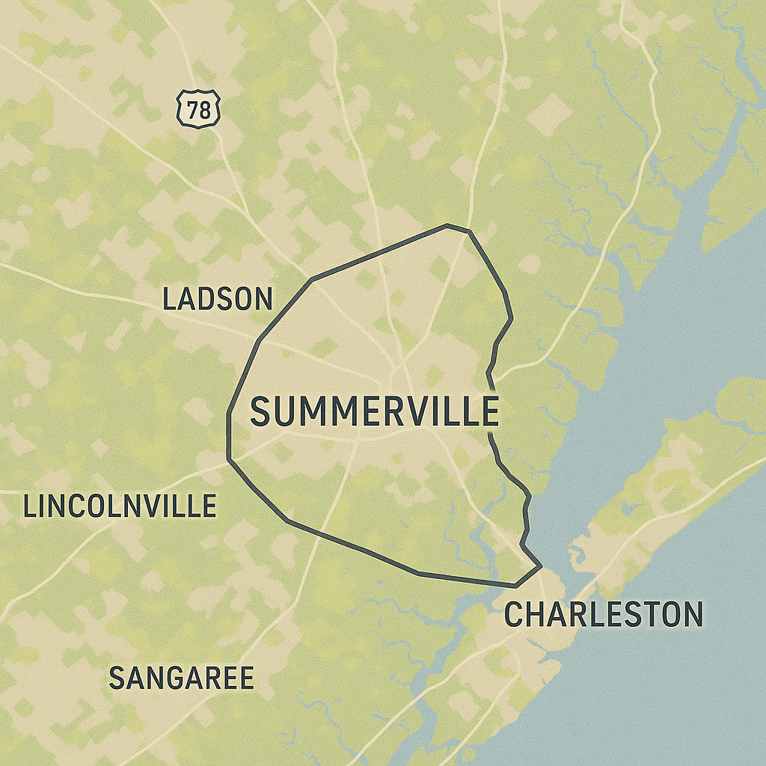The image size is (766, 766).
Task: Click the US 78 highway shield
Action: coord(199,109)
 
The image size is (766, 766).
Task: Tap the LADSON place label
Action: coord(218,299)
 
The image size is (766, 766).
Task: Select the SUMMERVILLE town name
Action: coord(374,411)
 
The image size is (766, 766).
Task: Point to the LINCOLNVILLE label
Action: coord(120,506)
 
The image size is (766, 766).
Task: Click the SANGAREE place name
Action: coord(181,678)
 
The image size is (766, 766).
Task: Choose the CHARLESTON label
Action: coord(604,614)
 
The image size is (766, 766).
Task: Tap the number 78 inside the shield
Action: coord(199,110)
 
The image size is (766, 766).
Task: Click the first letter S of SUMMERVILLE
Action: coord(261,412)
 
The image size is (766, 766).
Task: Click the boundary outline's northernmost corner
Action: coord(447,224)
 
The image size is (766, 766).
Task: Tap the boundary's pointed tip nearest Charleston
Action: coord(540,567)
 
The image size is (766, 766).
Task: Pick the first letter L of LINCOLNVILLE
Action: coord(29,506)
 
